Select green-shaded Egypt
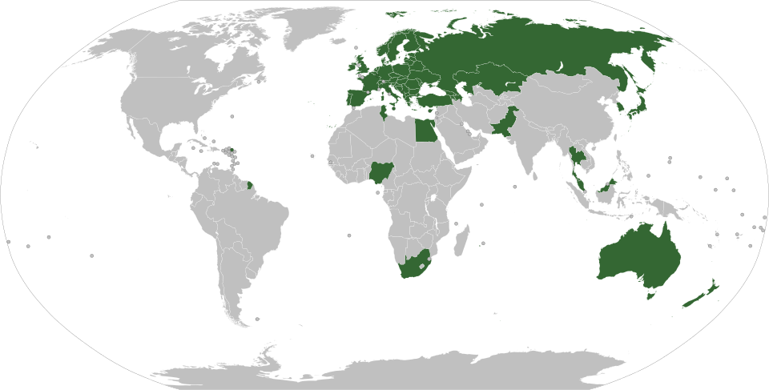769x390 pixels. pos(425,131)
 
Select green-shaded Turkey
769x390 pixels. pos(438,96)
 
